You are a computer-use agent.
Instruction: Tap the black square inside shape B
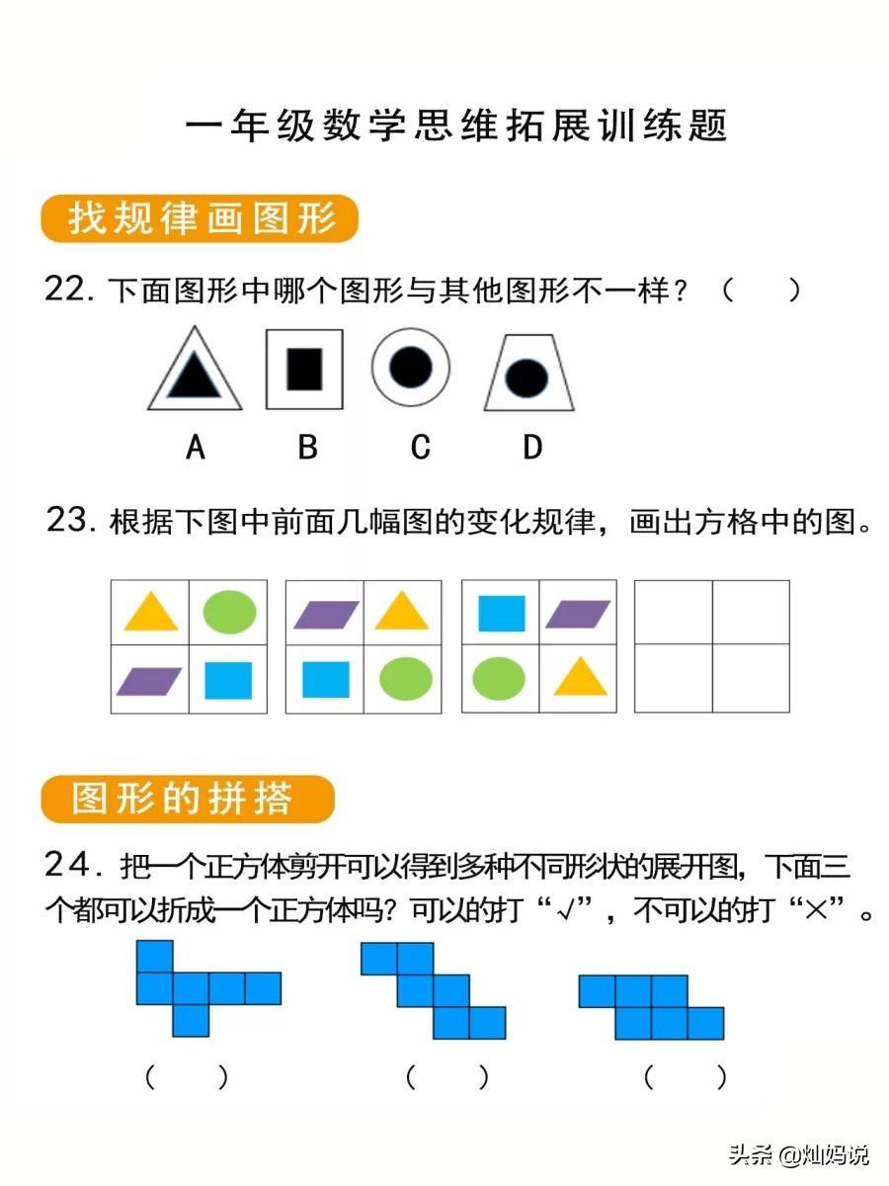(x=304, y=370)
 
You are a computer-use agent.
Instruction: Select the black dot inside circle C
(x=411, y=368)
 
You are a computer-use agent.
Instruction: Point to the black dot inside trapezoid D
(x=527, y=377)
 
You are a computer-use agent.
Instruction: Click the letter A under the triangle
(x=196, y=448)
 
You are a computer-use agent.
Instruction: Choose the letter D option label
(x=532, y=448)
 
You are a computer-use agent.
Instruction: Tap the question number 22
(x=68, y=291)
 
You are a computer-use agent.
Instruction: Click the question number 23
(x=69, y=521)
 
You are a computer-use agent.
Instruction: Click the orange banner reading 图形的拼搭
(x=188, y=799)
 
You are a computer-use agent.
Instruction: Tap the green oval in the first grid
(x=229, y=612)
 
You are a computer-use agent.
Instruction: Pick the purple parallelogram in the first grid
(x=149, y=680)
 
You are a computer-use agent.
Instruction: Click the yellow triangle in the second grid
(x=401, y=612)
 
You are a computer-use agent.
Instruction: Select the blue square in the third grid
(x=501, y=613)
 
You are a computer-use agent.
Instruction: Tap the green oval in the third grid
(x=499, y=679)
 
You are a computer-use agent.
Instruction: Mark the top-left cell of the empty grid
(x=673, y=613)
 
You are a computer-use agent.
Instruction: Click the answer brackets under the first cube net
(x=187, y=1076)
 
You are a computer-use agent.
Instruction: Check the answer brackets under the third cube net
(x=685, y=1076)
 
